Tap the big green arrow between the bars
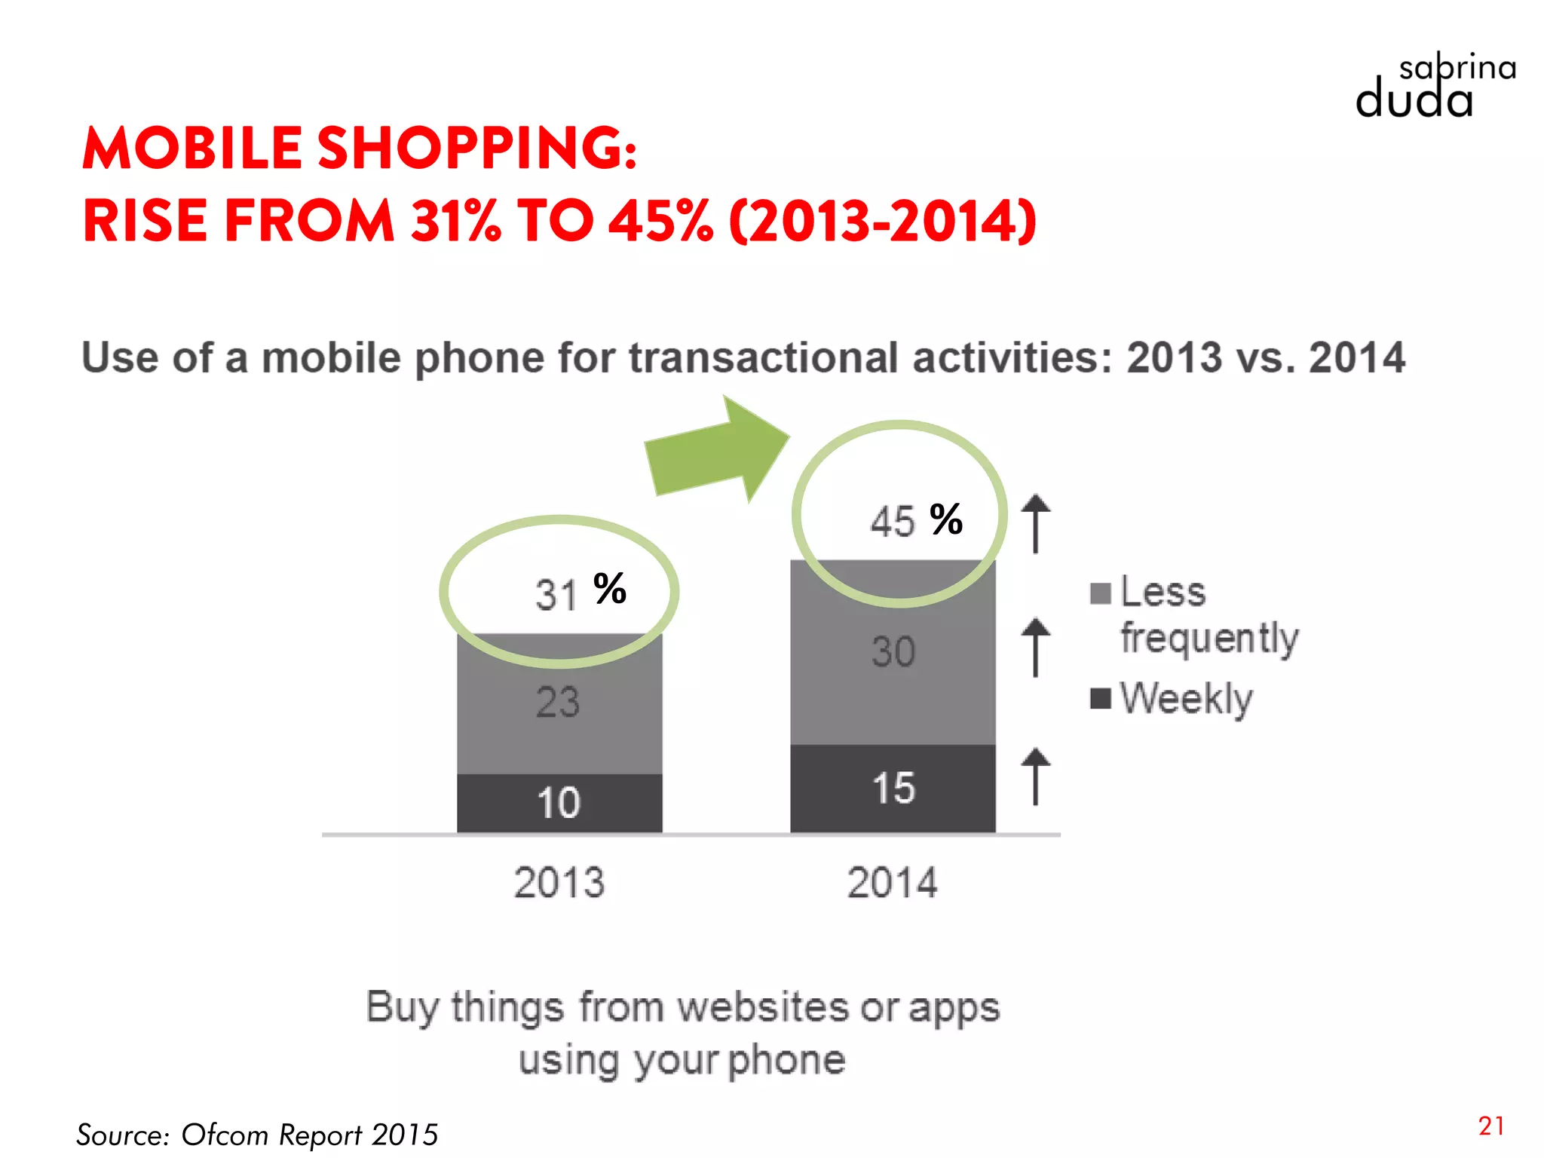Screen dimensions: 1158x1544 (715, 452)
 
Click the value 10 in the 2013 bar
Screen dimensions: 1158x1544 (559, 802)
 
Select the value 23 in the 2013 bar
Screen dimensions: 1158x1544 (558, 702)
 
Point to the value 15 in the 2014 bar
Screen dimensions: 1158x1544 (893, 789)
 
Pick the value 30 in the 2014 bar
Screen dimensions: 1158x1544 (893, 651)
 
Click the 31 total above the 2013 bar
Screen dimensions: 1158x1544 (556, 595)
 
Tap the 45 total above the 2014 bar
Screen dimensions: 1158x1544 (893, 521)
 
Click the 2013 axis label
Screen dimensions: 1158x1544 (559, 882)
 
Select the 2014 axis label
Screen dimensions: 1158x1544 (893, 882)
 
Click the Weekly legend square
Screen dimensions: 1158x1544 (1101, 699)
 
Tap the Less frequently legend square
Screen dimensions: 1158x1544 (1101, 594)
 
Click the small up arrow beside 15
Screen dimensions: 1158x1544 (1036, 777)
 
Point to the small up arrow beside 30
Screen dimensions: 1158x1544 (1036, 648)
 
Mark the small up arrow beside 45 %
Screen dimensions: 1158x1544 (1036, 523)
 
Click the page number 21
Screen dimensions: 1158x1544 (1491, 1126)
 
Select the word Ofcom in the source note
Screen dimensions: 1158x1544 (225, 1135)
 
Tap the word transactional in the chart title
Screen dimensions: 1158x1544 (764, 357)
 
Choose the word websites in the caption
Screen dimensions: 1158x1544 (764, 1007)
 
